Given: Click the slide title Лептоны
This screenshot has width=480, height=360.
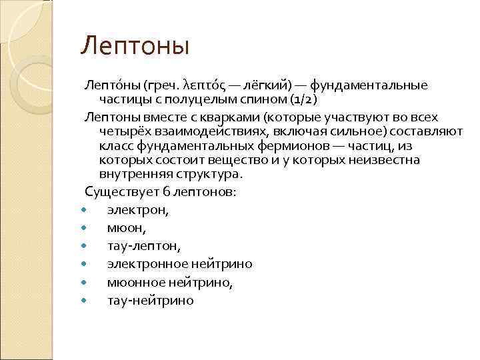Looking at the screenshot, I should (x=135, y=47).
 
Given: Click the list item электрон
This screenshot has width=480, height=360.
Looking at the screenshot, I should (x=138, y=210).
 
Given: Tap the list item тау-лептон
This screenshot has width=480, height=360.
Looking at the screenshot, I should (x=143, y=246).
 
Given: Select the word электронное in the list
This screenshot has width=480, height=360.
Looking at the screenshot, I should (x=147, y=264).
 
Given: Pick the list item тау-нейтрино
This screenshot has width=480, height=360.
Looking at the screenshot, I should (x=151, y=300).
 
